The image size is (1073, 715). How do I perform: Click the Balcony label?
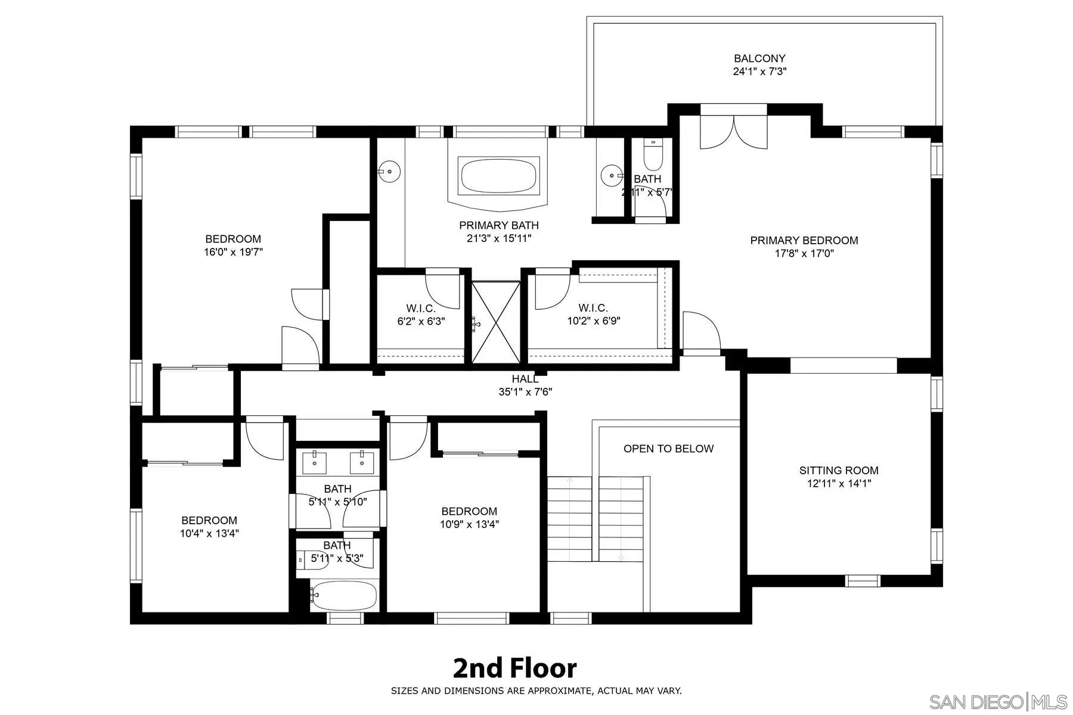tap(759, 58)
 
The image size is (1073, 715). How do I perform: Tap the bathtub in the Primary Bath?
tap(498, 176)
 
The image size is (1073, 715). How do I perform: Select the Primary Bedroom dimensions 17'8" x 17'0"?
tap(804, 253)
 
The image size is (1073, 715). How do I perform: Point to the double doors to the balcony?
tap(733, 132)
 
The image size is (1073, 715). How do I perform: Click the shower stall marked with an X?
tap(495, 322)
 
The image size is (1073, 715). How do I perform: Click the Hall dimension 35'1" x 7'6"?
tap(525, 392)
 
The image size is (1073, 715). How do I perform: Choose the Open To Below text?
tap(668, 449)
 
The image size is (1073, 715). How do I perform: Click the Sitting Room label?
tap(839, 471)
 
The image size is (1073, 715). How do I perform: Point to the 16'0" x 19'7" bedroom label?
tap(233, 240)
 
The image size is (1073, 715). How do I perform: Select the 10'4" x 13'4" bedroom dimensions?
tap(209, 533)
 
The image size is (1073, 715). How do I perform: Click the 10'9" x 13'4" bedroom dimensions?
tap(469, 524)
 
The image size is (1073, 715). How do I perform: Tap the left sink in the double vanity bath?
tap(314, 462)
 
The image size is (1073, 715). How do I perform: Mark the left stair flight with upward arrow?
tap(569, 518)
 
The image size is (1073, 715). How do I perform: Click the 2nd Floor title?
tap(514, 669)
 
